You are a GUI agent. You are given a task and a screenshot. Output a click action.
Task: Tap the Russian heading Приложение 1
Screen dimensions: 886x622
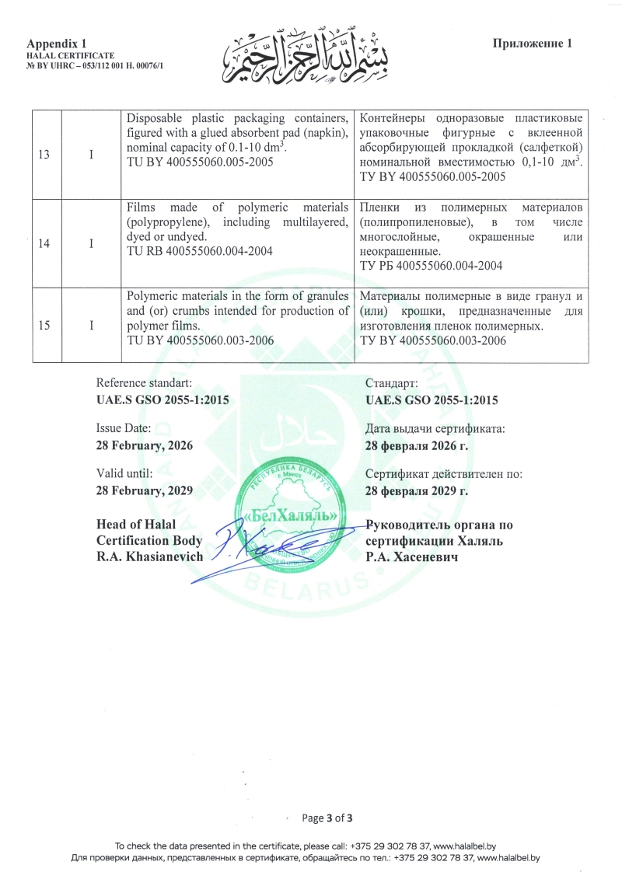(533, 44)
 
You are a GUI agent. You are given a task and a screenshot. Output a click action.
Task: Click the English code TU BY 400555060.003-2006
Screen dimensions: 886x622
(200, 340)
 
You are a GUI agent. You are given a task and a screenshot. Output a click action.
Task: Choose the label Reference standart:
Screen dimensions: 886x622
(144, 383)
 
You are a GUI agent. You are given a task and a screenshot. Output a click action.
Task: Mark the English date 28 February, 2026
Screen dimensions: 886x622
(145, 445)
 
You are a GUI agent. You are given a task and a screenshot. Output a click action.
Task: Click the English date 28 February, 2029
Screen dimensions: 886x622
(145, 490)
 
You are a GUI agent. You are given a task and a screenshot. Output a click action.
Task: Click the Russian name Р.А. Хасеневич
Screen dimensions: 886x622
(411, 556)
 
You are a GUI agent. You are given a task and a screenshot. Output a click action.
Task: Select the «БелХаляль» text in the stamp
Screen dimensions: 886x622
(291, 516)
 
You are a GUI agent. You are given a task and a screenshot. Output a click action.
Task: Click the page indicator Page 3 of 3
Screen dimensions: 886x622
(327, 818)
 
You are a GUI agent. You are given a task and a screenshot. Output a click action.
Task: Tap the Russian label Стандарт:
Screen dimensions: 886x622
(391, 383)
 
